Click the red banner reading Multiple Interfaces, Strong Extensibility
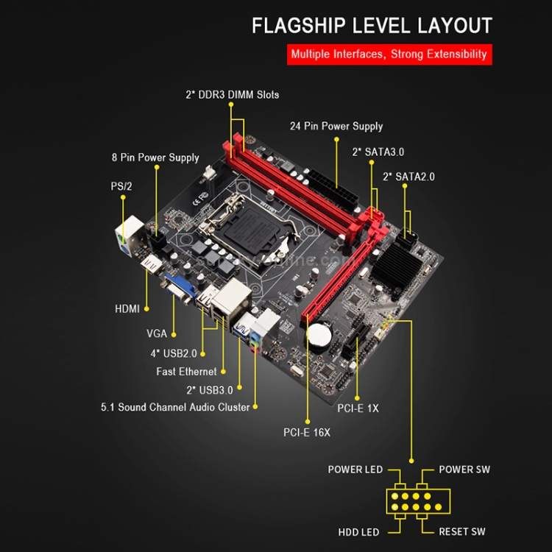389,54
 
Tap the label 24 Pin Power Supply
336,126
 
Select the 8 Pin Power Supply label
155,158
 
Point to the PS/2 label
121,186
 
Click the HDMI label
127,308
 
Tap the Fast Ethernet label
186,372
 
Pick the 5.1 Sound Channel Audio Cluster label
175,406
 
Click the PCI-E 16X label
307,433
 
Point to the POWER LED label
355,470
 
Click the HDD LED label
359,531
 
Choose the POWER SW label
464,470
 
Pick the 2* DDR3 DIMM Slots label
232,94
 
